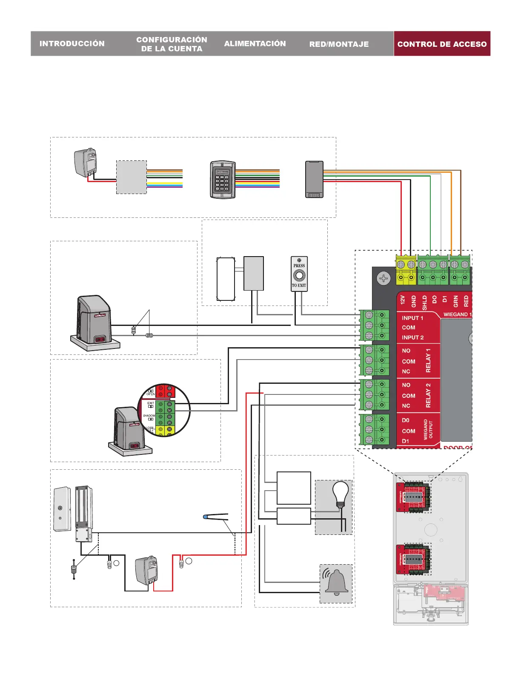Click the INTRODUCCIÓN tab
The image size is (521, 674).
(72, 43)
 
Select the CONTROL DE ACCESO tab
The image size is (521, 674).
(442, 44)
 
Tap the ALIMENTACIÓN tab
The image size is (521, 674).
(255, 43)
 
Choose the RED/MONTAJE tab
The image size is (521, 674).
(339, 44)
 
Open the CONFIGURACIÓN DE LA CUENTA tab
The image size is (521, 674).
(172, 44)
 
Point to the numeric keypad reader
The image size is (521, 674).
(223, 180)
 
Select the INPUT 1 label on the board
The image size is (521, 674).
(412, 318)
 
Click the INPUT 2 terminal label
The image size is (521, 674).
(412, 337)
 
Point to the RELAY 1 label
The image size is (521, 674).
(428, 360)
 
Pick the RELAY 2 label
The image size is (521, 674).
(428, 395)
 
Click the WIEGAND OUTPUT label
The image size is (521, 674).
(428, 429)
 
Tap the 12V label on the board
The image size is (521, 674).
(403, 300)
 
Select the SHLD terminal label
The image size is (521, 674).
(424, 302)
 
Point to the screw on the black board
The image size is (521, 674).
(384, 279)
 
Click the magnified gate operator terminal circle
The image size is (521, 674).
(164, 410)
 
